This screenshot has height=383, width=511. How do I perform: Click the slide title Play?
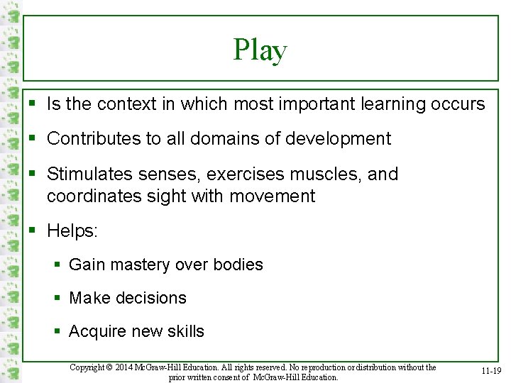(x=260, y=50)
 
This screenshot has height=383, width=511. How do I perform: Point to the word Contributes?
(x=94, y=138)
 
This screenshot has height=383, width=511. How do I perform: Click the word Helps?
(x=72, y=231)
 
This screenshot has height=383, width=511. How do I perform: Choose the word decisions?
(x=153, y=298)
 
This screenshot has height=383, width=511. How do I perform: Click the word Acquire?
(x=98, y=331)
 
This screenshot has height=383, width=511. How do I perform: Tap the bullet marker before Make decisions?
(x=58, y=298)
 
